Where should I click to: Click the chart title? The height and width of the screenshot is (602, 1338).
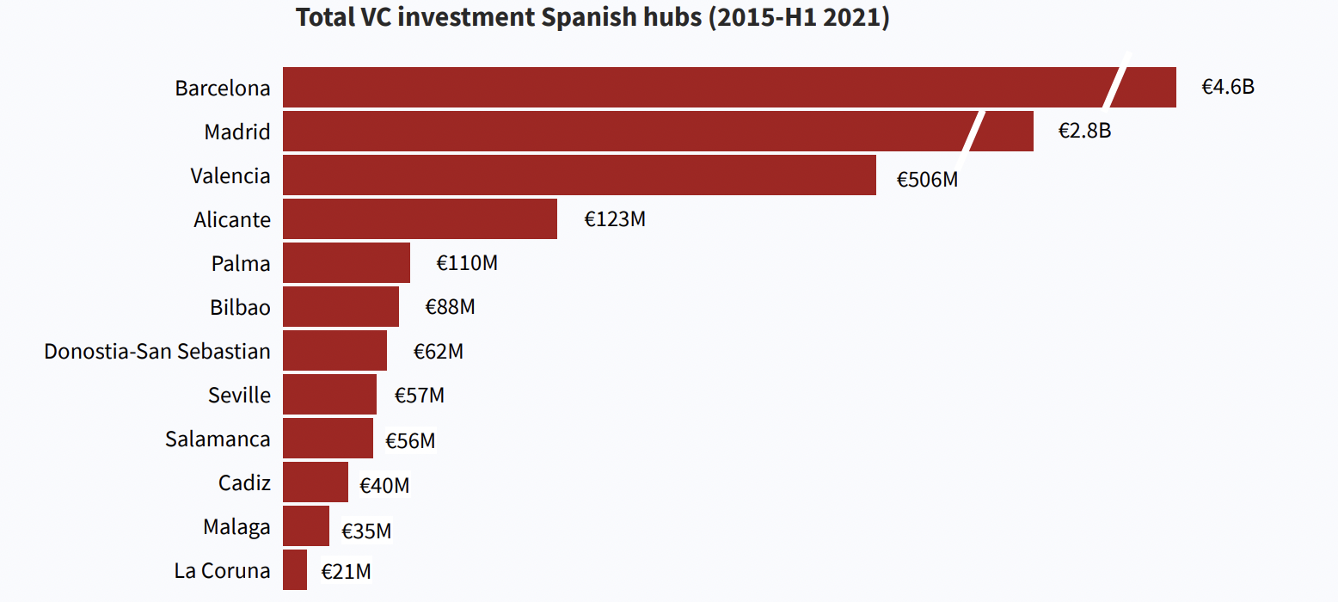tap(592, 18)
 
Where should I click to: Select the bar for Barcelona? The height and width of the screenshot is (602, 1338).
tap(688, 88)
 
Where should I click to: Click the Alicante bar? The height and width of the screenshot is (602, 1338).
tap(420, 219)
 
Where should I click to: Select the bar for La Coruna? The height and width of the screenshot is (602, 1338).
tap(295, 570)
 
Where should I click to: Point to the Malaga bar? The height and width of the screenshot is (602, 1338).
tap(306, 526)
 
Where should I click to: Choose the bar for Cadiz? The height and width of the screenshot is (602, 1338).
tap(316, 482)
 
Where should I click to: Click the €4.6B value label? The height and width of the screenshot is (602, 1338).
tap(1228, 88)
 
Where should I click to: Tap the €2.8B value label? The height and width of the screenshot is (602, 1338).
tap(1084, 132)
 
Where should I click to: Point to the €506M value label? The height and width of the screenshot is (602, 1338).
tap(927, 180)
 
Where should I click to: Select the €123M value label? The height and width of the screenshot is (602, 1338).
tap(615, 219)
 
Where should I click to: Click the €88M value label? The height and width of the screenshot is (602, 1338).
tap(450, 307)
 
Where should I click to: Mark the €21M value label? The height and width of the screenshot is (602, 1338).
tap(347, 571)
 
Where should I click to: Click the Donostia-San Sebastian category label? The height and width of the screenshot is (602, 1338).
tap(157, 352)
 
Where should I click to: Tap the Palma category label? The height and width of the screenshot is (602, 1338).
tap(241, 263)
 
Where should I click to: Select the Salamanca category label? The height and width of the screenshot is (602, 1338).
tap(218, 439)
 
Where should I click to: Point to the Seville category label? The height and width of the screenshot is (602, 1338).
tap(239, 395)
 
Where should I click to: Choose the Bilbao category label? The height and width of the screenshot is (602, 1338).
tap(240, 307)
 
